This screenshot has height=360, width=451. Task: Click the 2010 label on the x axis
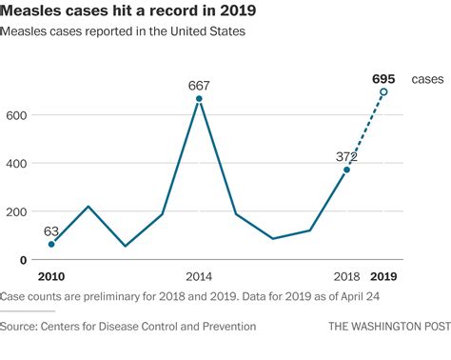point(51,277)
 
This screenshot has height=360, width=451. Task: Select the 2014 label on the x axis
point(198,277)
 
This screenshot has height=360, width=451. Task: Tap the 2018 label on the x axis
point(345,277)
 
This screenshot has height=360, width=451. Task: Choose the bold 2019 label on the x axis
point(383,277)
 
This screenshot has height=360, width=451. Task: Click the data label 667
point(198,85)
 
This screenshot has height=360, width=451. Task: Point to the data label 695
point(383,78)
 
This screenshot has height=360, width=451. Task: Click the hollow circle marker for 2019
point(383,92)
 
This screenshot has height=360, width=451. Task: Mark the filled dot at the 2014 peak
point(198,99)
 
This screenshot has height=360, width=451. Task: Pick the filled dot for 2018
point(346,170)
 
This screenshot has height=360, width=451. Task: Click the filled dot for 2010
point(51,244)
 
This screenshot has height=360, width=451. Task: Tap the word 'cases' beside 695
point(427,79)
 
